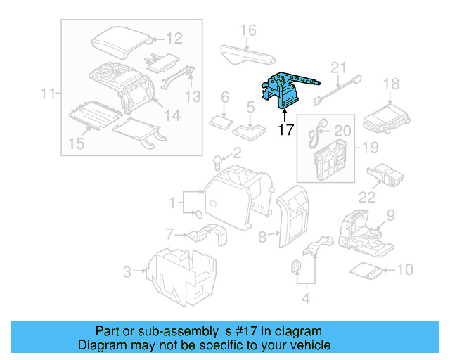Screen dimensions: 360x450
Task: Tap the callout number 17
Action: point(285,129)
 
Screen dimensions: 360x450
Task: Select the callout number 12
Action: point(174,39)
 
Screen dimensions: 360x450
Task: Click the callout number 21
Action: point(339,67)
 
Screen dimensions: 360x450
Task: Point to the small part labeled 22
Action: point(385,172)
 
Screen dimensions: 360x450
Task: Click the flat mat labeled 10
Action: point(366,269)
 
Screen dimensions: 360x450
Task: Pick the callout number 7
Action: point(169,233)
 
